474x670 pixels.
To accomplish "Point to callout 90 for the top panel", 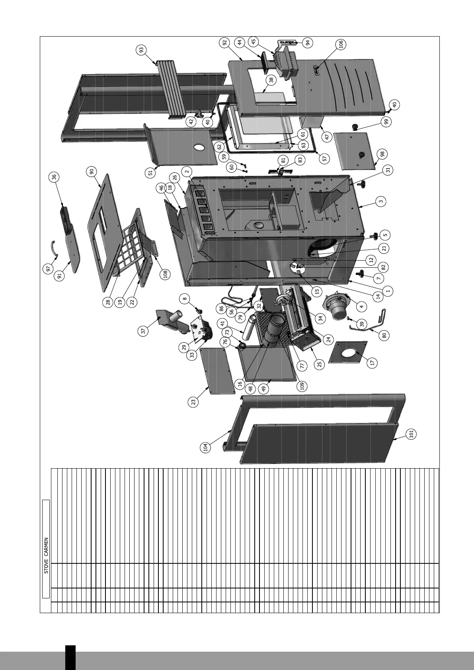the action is [92, 171].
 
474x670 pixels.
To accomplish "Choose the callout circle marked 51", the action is [150, 172].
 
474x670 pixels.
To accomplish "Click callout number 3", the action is [381, 202].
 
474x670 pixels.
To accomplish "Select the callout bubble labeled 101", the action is [412, 433].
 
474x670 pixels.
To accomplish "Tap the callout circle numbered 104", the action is [205, 447].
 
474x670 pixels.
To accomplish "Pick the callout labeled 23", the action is [194, 402].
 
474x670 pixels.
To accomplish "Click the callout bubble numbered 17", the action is [372, 362].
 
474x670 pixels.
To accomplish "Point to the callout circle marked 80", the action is [384, 335].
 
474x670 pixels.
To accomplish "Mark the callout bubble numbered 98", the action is [382, 154].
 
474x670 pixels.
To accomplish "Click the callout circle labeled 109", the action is [302, 386].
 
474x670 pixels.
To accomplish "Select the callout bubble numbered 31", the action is [388, 170].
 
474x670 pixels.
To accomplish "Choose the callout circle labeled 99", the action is [385, 122].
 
